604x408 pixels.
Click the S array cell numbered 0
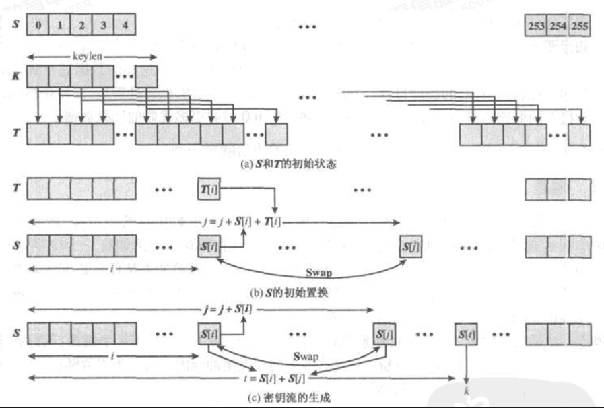(38, 26)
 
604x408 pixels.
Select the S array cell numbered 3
(103, 26)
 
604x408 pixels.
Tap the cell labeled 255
(580, 26)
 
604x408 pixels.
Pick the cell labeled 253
(536, 26)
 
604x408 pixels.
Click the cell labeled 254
(558, 26)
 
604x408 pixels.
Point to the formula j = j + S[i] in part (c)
(225, 310)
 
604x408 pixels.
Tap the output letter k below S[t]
(467, 390)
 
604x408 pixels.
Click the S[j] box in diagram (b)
(411, 245)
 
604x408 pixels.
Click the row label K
(15, 75)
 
